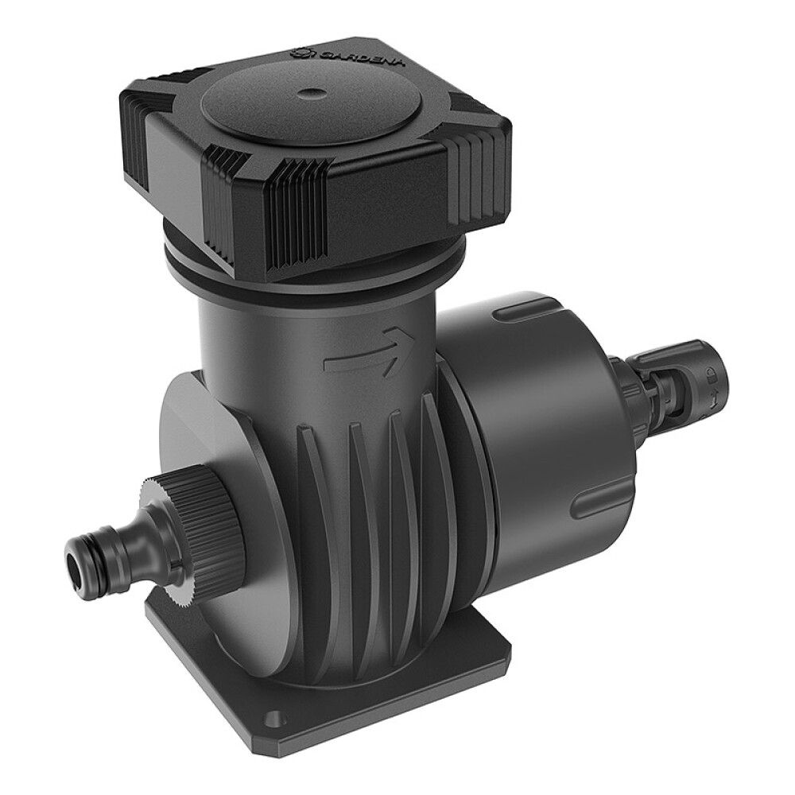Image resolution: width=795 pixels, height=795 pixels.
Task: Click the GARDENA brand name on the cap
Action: pos(360,56)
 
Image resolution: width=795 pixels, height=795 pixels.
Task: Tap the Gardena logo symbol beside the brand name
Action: pos(302,51)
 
